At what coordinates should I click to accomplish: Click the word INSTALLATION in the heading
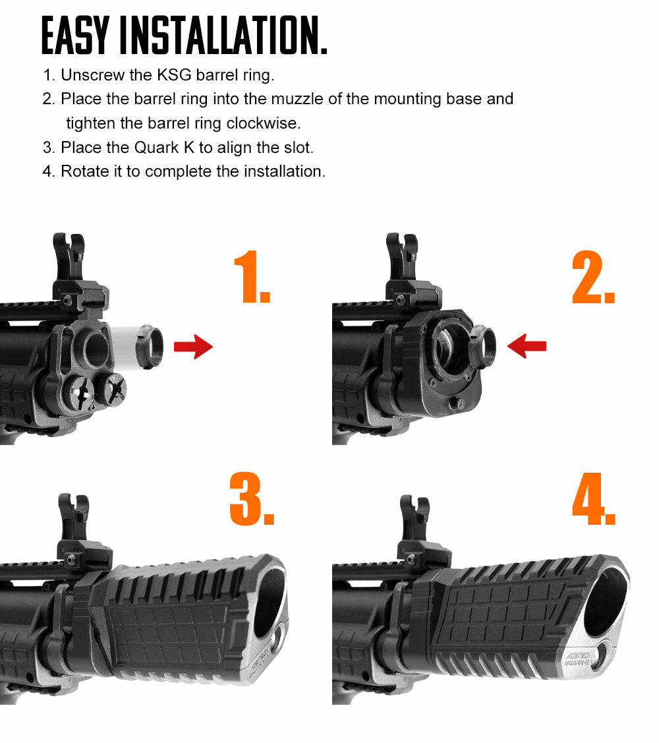click(225, 36)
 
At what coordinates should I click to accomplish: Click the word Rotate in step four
click(83, 171)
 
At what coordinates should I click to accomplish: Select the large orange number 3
click(250, 498)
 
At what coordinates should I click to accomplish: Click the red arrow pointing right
click(193, 346)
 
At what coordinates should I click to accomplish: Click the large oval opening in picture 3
click(270, 601)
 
